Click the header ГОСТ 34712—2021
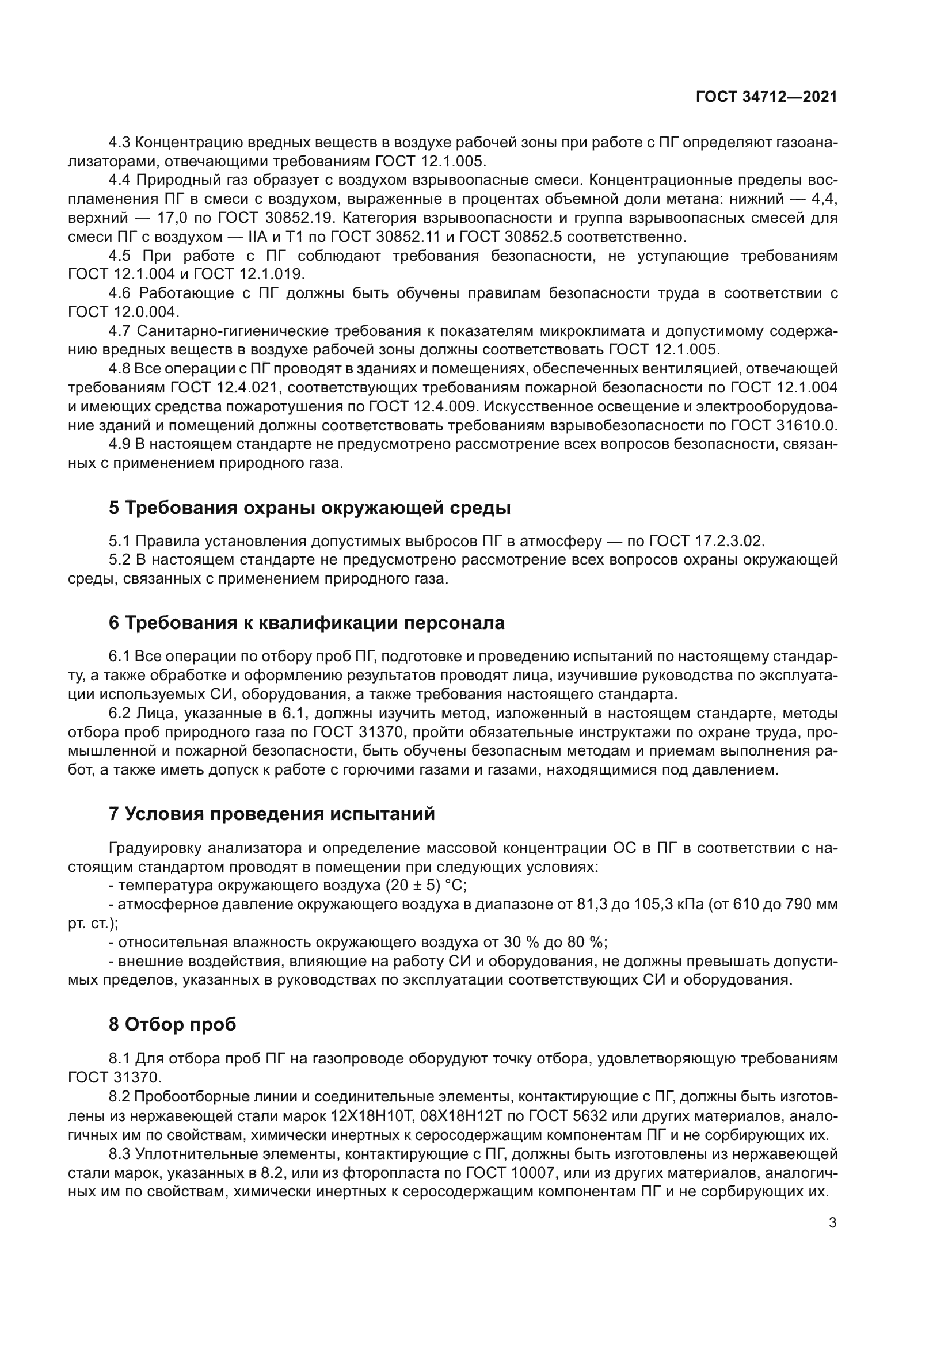click(766, 97)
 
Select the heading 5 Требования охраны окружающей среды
click(310, 508)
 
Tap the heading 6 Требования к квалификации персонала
click(307, 623)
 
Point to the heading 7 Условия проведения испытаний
click(272, 814)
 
